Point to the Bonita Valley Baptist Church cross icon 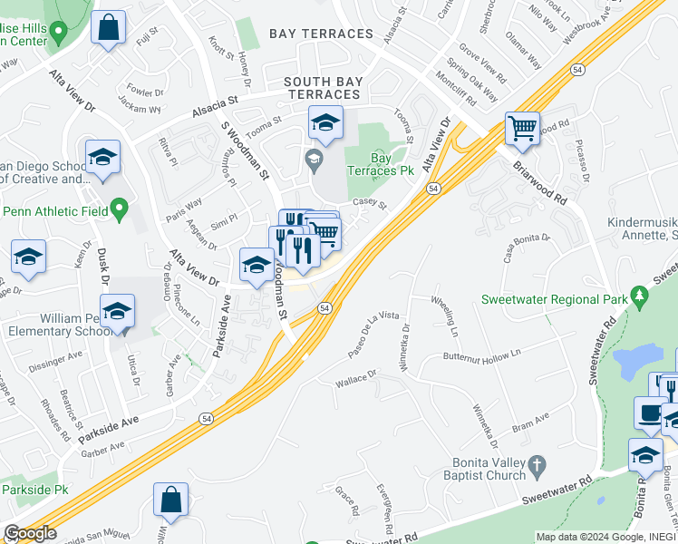point(537,466)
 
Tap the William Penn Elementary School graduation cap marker point(117,311)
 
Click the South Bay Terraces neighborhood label point(322,88)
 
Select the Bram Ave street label point(528,422)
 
